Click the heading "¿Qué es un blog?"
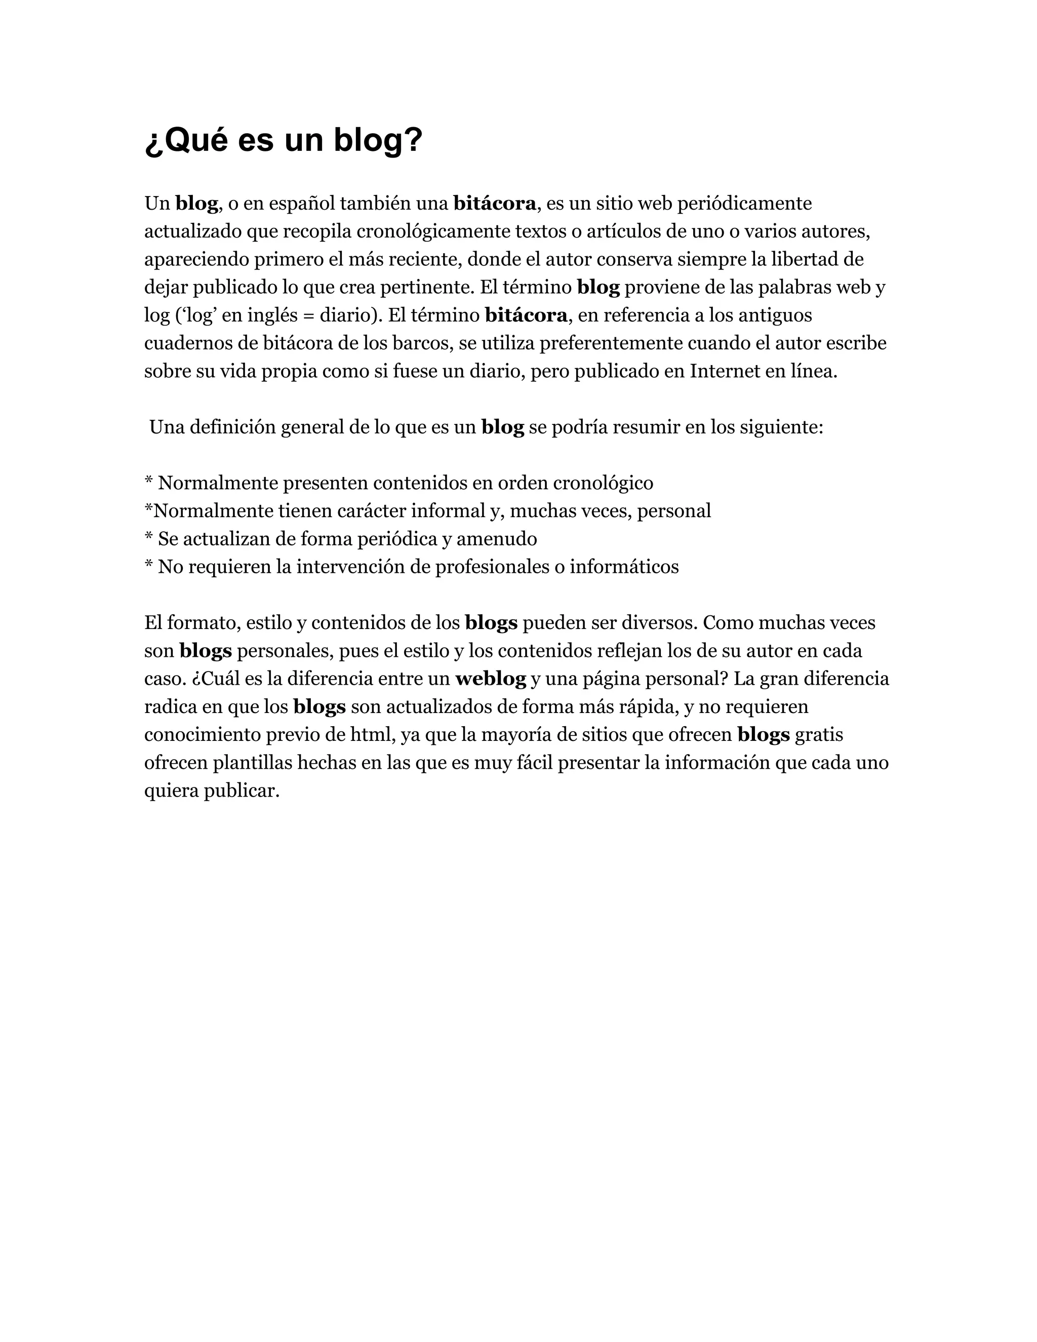[x=283, y=140]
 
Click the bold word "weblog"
[x=490, y=679]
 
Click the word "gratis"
[x=818, y=735]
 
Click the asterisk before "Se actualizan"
[x=148, y=538]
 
